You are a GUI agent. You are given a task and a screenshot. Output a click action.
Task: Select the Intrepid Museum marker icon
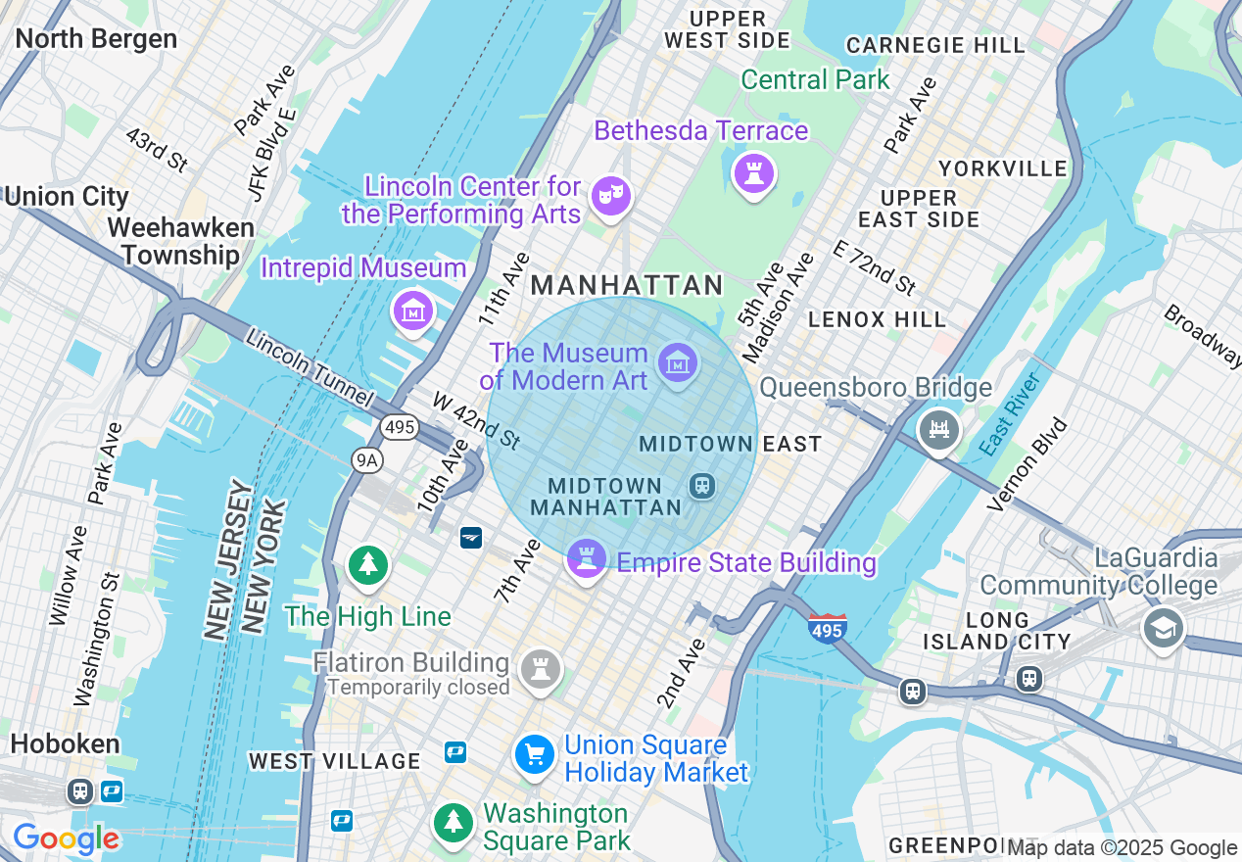[x=412, y=311]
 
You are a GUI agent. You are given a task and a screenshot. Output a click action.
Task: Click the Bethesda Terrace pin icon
[x=754, y=174]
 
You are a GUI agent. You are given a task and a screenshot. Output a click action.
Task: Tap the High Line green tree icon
[x=368, y=565]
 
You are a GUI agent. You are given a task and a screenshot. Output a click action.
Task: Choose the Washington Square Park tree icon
[x=453, y=820]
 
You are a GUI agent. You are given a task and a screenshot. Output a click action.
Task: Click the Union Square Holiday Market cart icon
[x=535, y=755]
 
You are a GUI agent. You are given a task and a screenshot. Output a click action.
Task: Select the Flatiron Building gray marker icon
[x=540, y=670]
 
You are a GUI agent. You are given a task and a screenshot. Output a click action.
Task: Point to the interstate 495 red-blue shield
[x=828, y=628]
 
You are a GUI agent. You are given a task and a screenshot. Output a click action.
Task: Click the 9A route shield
[x=367, y=460]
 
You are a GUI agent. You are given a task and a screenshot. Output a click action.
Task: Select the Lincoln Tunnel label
[x=309, y=368]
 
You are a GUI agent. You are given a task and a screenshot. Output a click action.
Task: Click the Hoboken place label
[x=65, y=743]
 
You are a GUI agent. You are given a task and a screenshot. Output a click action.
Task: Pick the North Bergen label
[x=96, y=38]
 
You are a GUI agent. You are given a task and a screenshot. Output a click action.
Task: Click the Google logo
[x=66, y=838]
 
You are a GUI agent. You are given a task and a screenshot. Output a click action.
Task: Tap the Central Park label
[x=815, y=79]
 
